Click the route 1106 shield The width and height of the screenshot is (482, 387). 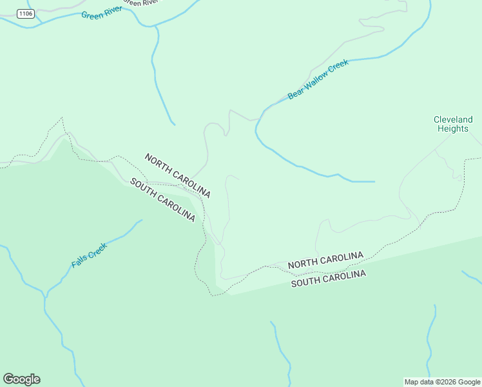click(26, 14)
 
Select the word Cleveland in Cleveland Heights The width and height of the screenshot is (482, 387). click(453, 119)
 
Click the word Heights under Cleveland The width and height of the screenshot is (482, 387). click(453, 128)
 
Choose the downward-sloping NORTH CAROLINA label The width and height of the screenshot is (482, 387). click(177, 175)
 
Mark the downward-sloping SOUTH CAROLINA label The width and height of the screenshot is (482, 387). click(162, 200)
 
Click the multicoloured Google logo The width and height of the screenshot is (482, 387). click(21, 379)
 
